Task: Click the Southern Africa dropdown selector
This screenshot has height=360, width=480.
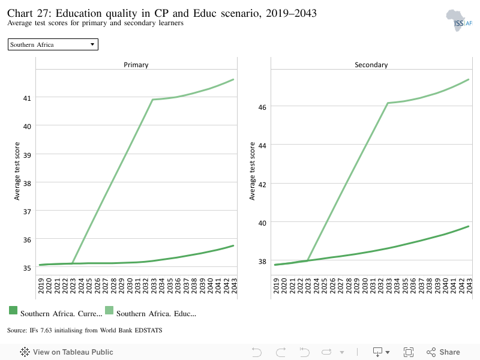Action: [53, 44]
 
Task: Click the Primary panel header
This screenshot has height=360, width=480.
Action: [136, 65]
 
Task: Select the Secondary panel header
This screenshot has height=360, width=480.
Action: [371, 65]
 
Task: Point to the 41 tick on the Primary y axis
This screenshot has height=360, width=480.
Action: [28, 97]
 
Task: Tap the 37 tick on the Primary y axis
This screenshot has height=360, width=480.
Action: [28, 211]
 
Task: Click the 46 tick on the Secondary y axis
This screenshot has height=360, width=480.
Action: [262, 106]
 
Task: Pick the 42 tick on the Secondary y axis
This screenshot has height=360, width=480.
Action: [262, 184]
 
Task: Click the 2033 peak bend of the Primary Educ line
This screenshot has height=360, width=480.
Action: [152, 100]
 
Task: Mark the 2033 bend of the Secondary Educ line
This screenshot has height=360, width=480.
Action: [388, 103]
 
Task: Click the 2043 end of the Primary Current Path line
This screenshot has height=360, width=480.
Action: [233, 245]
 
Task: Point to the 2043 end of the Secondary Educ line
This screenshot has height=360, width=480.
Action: [468, 79]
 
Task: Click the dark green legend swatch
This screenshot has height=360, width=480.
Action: [13, 310]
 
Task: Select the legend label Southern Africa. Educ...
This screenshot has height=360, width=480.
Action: [156, 313]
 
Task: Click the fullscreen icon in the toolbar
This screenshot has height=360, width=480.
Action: [408, 352]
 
